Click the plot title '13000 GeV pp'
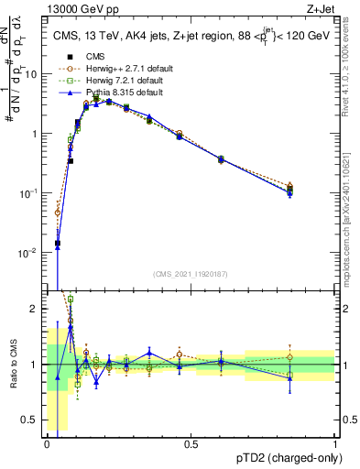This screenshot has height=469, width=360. tap(75, 8)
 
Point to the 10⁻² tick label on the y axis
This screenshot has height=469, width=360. tap(29, 252)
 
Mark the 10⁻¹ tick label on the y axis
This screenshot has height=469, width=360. tap(29, 192)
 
